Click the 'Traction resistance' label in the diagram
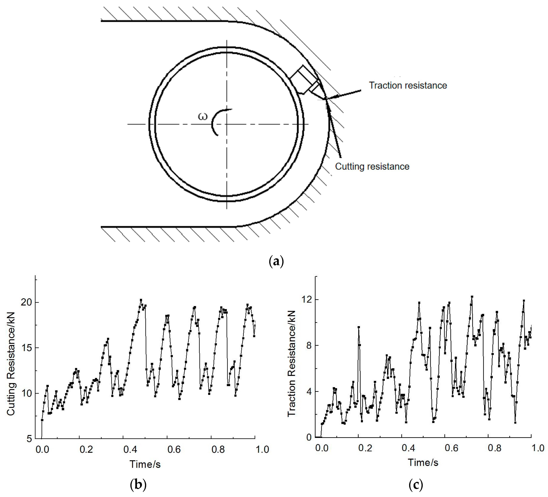tap(408, 85)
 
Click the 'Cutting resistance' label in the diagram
tap(372, 166)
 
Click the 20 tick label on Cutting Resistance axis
tap(26, 302)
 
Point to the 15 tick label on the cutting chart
tap(26, 348)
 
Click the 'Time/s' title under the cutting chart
tap(145, 464)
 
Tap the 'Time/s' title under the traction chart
tap(423, 462)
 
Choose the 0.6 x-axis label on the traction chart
tap(451, 448)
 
